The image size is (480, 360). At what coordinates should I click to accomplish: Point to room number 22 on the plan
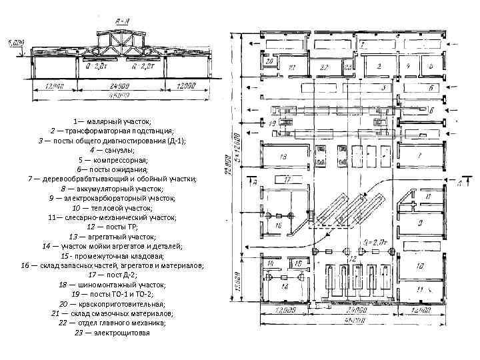[x=325, y=68]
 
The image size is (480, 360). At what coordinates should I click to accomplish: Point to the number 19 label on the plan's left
[x=270, y=263]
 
